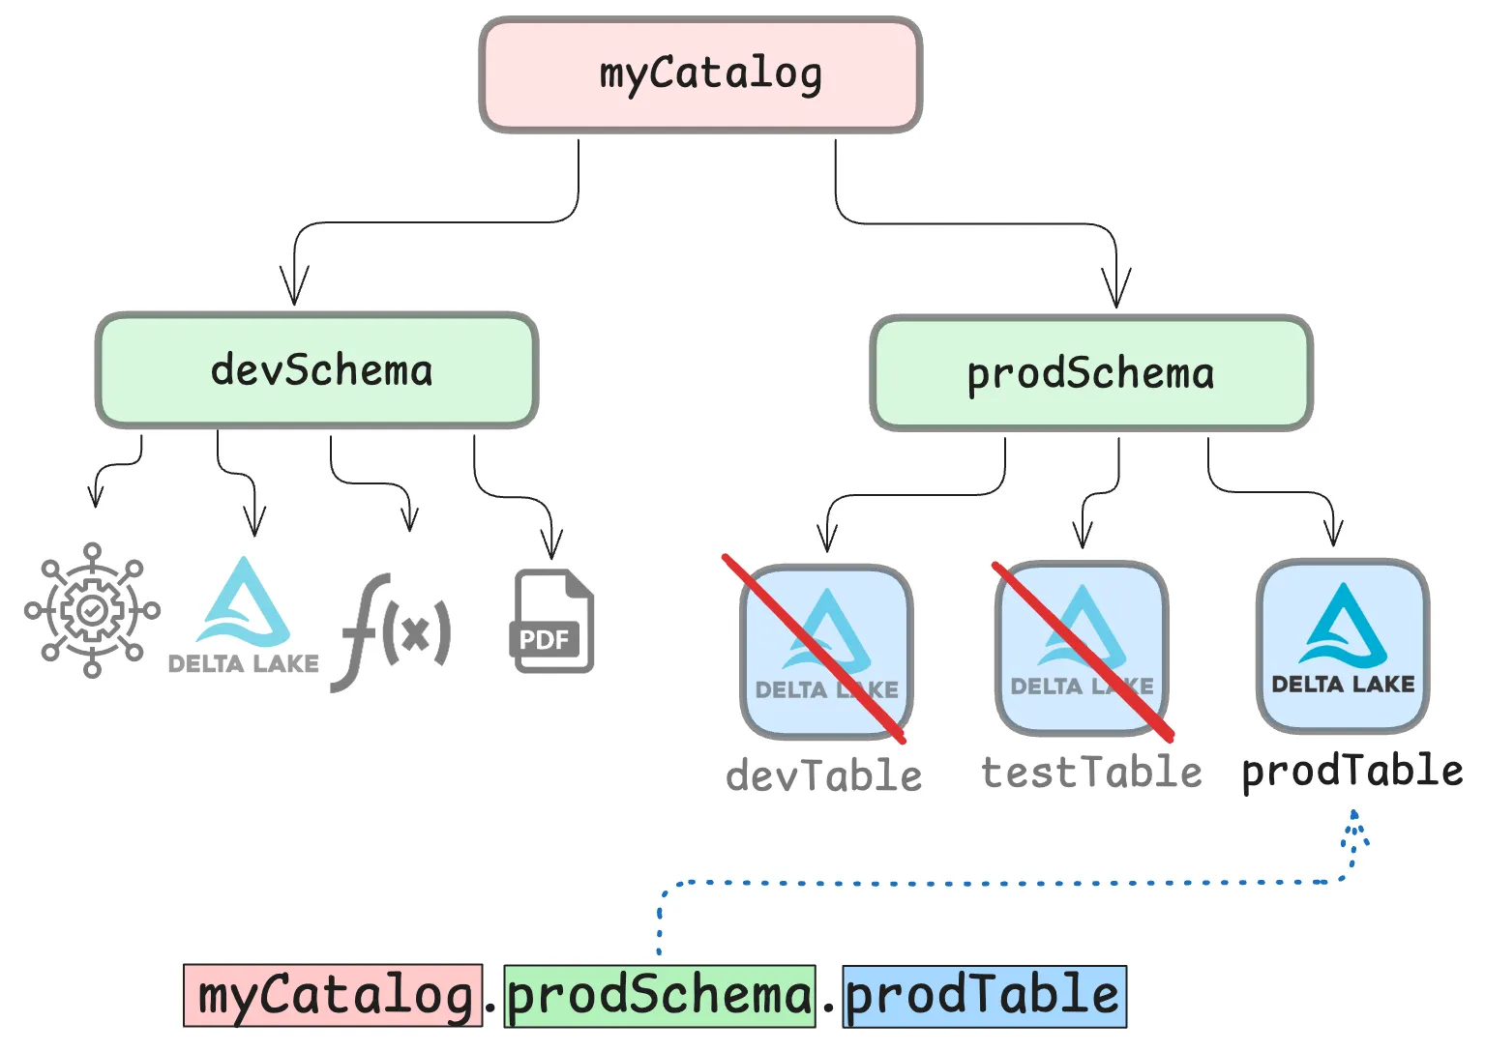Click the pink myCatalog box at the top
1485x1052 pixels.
pyautogui.click(x=700, y=75)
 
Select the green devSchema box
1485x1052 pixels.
pyautogui.click(x=316, y=370)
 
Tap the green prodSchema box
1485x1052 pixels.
pyautogui.click(x=1090, y=373)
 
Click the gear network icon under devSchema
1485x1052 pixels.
pyautogui.click(x=92, y=610)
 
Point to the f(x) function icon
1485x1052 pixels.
pyautogui.click(x=392, y=631)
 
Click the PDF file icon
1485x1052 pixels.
pyautogui.click(x=551, y=622)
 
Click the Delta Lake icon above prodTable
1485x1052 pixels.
pyautogui.click(x=1342, y=646)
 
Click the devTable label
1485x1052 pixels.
pyautogui.click(x=824, y=776)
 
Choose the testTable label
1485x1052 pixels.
pyautogui.click(x=1091, y=773)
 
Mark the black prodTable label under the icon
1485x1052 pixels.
pyautogui.click(x=1351, y=772)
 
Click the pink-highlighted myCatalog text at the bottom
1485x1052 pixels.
pyautogui.click(x=333, y=996)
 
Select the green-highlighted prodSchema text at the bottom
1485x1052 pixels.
pyautogui.click(x=660, y=996)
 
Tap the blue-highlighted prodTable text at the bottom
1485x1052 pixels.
pyautogui.click(x=984, y=996)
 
